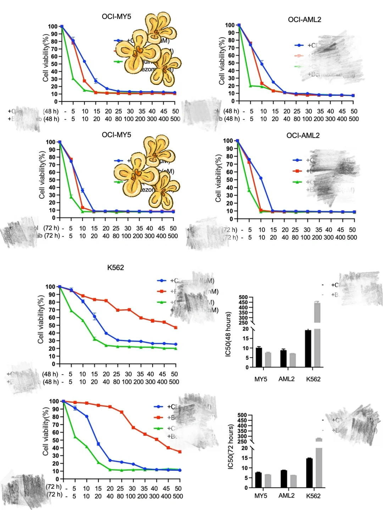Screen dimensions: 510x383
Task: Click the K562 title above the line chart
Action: (x=116, y=268)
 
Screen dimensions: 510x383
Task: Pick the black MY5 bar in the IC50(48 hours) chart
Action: (x=259, y=357)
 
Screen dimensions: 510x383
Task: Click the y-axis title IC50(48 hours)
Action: (x=228, y=334)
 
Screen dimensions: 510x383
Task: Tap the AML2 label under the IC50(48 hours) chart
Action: (x=286, y=379)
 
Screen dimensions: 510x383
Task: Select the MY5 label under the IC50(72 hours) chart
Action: (x=261, y=495)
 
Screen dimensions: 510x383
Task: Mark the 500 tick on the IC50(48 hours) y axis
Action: (x=243, y=297)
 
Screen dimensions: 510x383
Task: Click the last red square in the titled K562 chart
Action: (x=176, y=328)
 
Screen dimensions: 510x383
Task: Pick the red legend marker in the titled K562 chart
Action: (x=161, y=291)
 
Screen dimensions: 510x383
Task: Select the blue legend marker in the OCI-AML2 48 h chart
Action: (x=300, y=45)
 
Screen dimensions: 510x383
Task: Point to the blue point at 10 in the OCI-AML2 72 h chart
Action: (x=261, y=178)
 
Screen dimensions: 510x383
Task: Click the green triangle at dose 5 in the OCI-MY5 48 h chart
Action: (x=73, y=79)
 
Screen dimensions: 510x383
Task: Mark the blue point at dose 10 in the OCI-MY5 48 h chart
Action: (x=84, y=62)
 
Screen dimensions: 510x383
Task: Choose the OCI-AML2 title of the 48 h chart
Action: (x=304, y=20)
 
